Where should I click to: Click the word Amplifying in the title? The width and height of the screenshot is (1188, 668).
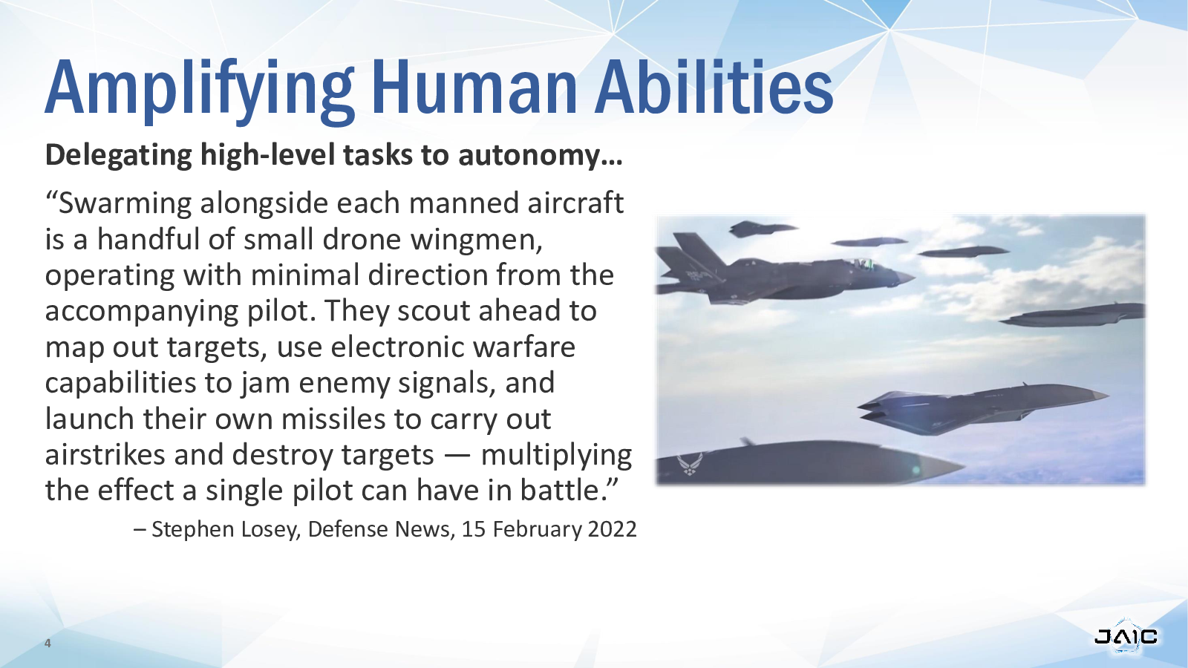[x=200, y=89]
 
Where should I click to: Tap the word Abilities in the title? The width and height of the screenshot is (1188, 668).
[x=714, y=86]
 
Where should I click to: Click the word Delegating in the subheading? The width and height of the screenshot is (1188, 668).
[x=118, y=156]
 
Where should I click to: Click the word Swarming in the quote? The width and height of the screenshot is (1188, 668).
[x=125, y=204]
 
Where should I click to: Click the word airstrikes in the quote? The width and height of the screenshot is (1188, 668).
[x=105, y=455]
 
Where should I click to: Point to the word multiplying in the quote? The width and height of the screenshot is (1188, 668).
[x=556, y=456]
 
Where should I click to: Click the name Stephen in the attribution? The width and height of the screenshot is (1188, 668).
[x=193, y=530]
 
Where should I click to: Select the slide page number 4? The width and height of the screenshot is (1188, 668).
[x=48, y=644]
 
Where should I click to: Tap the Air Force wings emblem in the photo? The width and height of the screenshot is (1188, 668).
[x=690, y=464]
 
